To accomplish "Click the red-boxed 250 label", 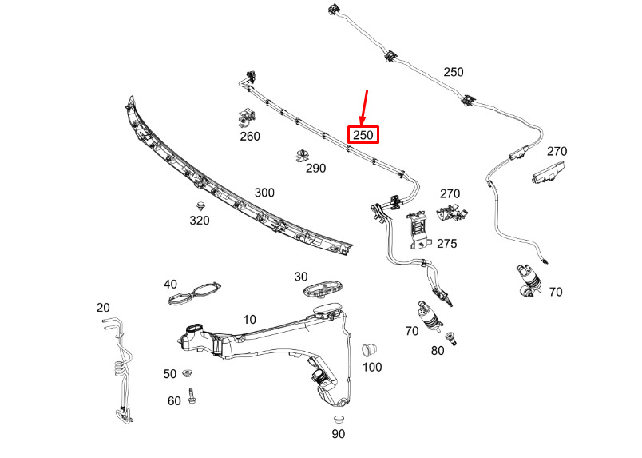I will [x=363, y=135].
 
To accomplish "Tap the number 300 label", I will [x=264, y=193].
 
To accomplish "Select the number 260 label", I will [x=250, y=137].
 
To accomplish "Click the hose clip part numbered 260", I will [x=248, y=117].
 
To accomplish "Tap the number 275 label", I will [x=446, y=244].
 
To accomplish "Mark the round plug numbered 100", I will [x=370, y=350].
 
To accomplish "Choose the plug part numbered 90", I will [x=338, y=419].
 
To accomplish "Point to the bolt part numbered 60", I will [x=192, y=395].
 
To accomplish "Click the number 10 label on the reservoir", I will [x=250, y=319].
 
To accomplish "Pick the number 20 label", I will [x=103, y=308].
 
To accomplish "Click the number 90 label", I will [x=338, y=434].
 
